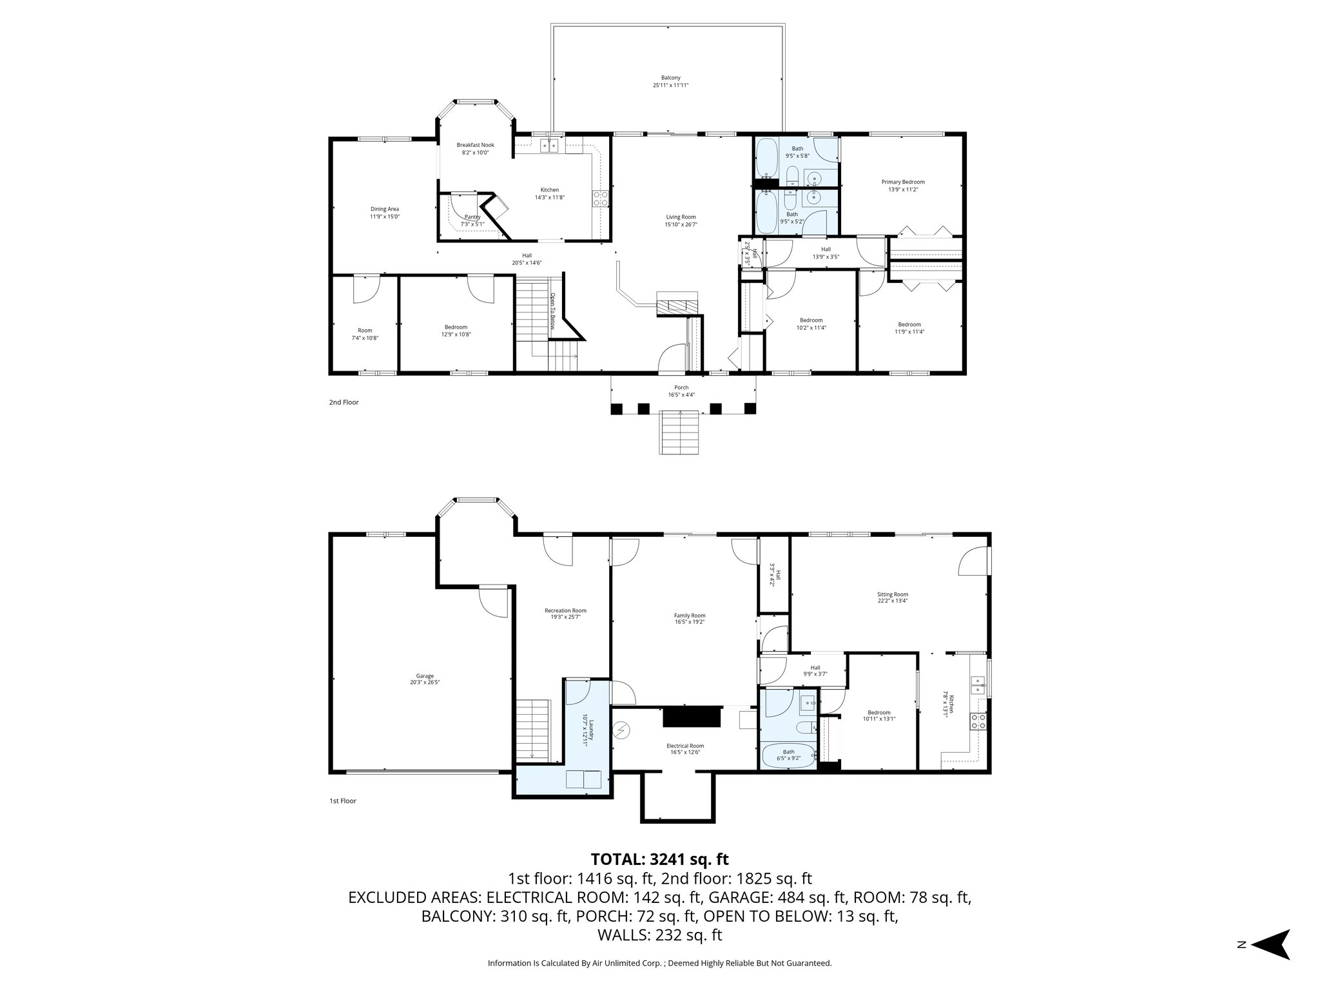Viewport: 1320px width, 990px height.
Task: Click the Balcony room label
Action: pyautogui.click(x=670, y=77)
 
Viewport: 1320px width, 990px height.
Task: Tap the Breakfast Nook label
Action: pyautogui.click(x=475, y=145)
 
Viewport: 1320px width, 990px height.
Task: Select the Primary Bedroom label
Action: pyautogui.click(x=902, y=182)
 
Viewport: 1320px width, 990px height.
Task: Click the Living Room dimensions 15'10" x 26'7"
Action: pyautogui.click(x=681, y=224)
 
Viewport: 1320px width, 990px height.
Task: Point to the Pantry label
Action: pyautogui.click(x=472, y=217)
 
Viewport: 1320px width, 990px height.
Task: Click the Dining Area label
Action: pyautogui.click(x=384, y=209)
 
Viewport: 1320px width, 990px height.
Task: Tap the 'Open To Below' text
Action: pyautogui.click(x=552, y=311)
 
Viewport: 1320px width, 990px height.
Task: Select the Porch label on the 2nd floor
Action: pyautogui.click(x=681, y=387)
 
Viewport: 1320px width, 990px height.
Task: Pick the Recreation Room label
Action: pyautogui.click(x=565, y=610)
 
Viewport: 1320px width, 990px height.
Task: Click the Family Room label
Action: pyautogui.click(x=690, y=615)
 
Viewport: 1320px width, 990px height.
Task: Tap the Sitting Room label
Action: pyautogui.click(x=892, y=594)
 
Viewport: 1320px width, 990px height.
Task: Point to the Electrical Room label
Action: pyautogui.click(x=684, y=746)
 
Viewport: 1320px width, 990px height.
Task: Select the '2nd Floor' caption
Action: pyautogui.click(x=344, y=402)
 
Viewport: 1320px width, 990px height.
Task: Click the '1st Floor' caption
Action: pyautogui.click(x=342, y=801)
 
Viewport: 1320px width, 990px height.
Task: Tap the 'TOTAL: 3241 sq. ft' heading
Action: pyautogui.click(x=659, y=859)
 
